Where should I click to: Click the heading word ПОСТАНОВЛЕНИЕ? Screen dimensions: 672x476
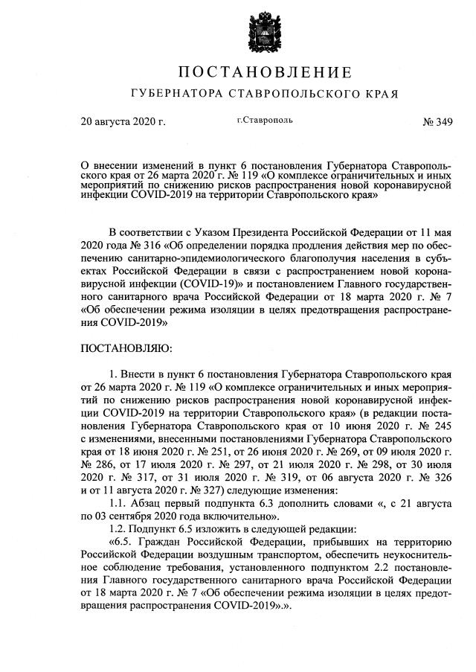(x=265, y=73)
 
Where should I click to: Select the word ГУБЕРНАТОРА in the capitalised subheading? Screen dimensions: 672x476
(x=172, y=95)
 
